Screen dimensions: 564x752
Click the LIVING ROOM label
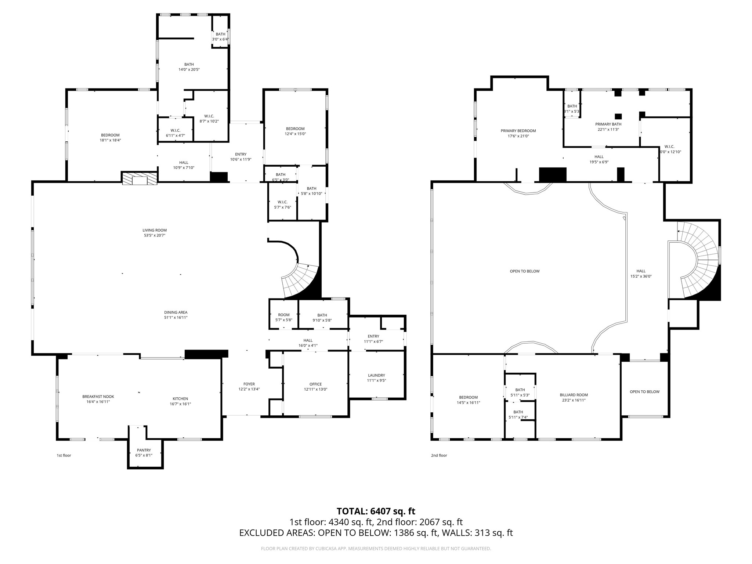click(x=155, y=230)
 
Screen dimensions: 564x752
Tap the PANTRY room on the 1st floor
click(x=144, y=450)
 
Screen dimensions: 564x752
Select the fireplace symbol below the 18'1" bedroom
click(x=140, y=179)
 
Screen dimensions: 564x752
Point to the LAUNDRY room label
click(x=376, y=375)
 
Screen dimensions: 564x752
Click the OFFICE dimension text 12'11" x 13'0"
click(x=315, y=389)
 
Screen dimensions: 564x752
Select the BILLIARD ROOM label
click(x=574, y=395)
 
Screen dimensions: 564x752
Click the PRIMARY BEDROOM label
click(x=518, y=131)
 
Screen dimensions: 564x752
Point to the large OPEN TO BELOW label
click(x=524, y=271)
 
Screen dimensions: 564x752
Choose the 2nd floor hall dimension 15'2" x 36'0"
click(x=641, y=276)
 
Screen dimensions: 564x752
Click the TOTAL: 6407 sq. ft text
click(x=376, y=511)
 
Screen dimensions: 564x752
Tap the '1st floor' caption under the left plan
click(x=64, y=455)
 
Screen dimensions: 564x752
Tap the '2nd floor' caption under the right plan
click(x=439, y=455)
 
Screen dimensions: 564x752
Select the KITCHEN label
click(x=180, y=399)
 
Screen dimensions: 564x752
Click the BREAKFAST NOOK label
click(x=98, y=397)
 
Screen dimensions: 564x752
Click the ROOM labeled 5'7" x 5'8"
click(x=284, y=315)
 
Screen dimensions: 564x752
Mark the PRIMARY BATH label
click(x=608, y=124)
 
